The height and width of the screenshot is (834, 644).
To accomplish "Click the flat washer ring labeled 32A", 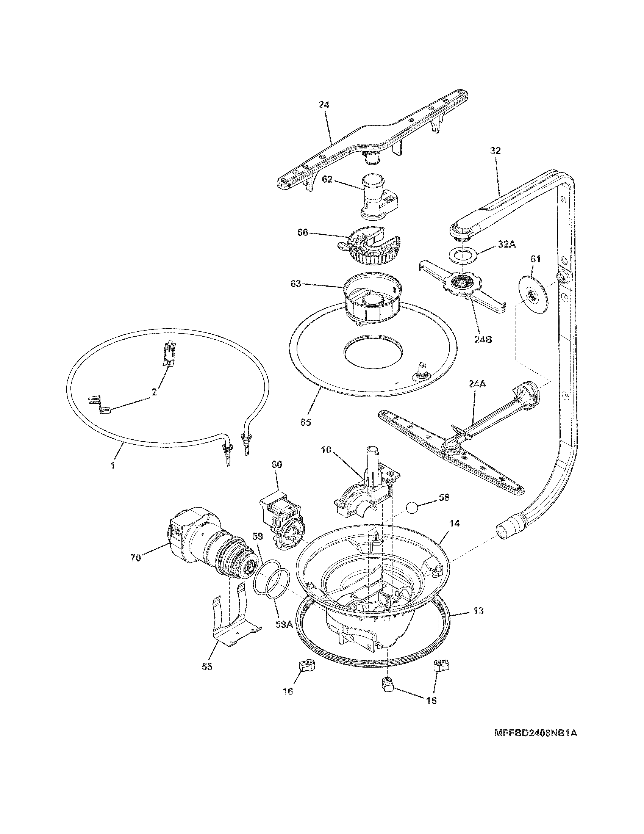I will coord(463,255).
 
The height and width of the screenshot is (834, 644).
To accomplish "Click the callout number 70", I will coord(136,558).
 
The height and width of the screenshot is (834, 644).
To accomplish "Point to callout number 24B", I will coord(483,339).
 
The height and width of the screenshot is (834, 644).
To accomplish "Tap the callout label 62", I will coord(328,179).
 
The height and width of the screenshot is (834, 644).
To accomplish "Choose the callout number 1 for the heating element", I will coord(113,466).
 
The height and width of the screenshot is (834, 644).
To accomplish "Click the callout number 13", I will coord(478,611).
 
